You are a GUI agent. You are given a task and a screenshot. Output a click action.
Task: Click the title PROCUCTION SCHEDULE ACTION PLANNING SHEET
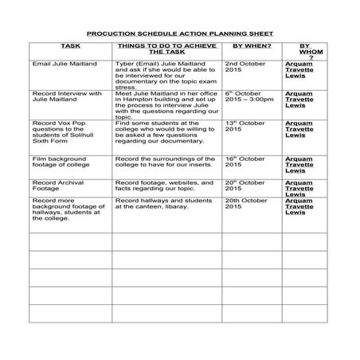pyautogui.click(x=179, y=34)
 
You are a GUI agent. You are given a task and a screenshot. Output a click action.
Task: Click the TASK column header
pyautogui.click(x=70, y=48)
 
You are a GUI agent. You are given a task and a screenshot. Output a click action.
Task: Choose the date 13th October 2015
pyautogui.click(x=246, y=127)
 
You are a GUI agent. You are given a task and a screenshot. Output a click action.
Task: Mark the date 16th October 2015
pyautogui.click(x=246, y=162)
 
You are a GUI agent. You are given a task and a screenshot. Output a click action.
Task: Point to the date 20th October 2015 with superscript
pyautogui.click(x=246, y=186)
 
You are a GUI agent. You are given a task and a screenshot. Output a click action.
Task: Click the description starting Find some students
pyautogui.click(x=166, y=133)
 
